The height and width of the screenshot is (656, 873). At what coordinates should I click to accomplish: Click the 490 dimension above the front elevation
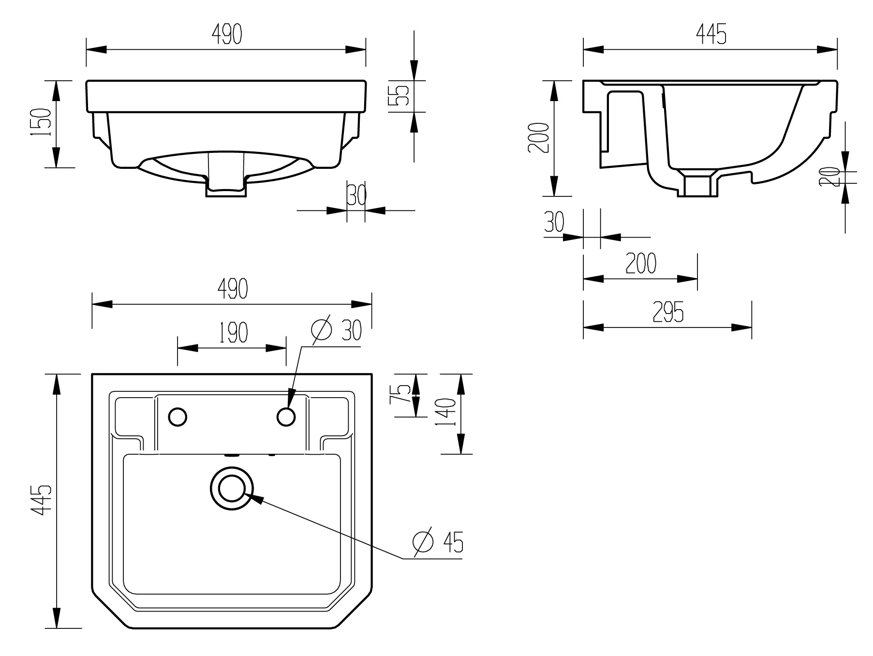coord(226,34)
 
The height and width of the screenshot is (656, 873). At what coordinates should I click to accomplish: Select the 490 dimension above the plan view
coord(232,289)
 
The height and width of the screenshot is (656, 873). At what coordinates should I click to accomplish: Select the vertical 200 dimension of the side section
coord(539,138)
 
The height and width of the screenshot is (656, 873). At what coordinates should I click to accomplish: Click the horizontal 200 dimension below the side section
coord(641,263)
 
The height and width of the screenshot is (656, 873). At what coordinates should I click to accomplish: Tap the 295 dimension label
coord(668,312)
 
